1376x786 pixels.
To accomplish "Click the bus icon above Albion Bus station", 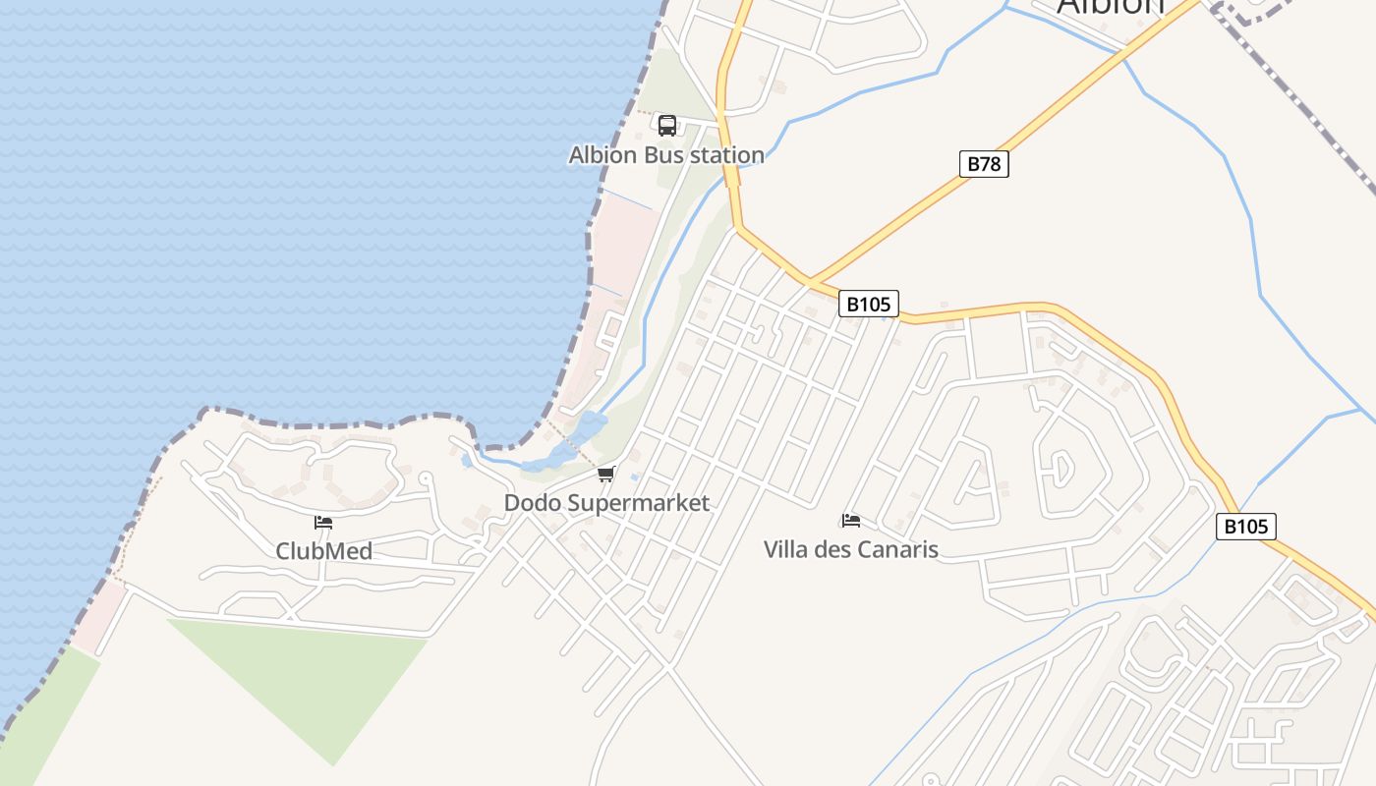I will pos(667,126).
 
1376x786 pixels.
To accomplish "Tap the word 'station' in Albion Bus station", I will pos(728,155).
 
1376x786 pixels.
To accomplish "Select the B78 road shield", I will pos(984,164).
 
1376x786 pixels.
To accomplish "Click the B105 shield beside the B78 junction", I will pos(869,304).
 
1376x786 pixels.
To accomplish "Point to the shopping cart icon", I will pos(606,475).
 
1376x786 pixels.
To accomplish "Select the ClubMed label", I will pos(323,551).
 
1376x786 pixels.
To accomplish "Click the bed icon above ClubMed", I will pos(323,522).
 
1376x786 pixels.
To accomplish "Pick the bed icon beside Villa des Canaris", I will pos(851,520).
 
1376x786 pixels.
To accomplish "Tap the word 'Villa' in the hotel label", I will pos(786,550).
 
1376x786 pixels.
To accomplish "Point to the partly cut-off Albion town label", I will pos(1110,8).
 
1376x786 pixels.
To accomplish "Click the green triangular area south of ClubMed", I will pos(315,678).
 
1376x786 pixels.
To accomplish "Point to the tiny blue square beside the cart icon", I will pos(634,478).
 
